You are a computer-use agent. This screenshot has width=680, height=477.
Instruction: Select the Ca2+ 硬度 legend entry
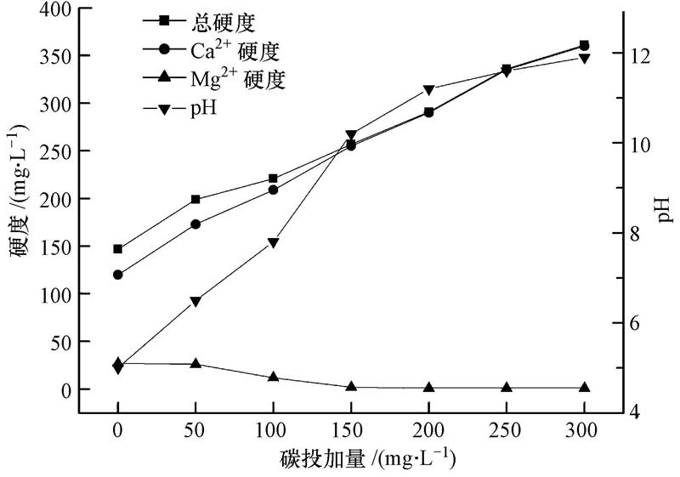pyautogui.click(x=221, y=50)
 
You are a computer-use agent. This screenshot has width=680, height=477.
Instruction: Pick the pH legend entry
pyautogui.click(x=196, y=109)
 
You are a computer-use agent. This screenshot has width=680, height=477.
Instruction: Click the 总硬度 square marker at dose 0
pyautogui.click(x=117, y=249)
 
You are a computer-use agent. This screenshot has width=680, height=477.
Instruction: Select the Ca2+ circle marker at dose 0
pyautogui.click(x=117, y=275)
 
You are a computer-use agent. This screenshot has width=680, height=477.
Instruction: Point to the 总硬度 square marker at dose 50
pyautogui.click(x=195, y=200)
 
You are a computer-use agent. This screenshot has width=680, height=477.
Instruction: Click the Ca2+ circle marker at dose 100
pyautogui.click(x=273, y=190)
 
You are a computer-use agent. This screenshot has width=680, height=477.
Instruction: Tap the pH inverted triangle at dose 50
pyautogui.click(x=195, y=302)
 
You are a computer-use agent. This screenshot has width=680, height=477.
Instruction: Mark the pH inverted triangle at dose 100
pyautogui.click(x=273, y=243)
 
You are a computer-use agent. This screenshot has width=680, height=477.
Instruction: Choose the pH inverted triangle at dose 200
pyautogui.click(x=428, y=90)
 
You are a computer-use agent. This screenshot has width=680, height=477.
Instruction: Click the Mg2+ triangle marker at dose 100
pyautogui.click(x=273, y=377)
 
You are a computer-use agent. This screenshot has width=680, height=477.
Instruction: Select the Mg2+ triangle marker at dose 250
pyautogui.click(x=507, y=387)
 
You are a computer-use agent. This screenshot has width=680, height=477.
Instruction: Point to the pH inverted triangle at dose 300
pyautogui.click(x=585, y=59)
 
